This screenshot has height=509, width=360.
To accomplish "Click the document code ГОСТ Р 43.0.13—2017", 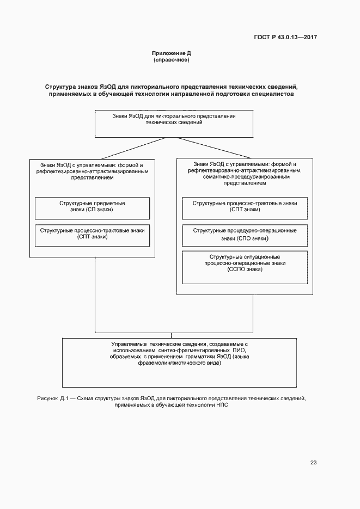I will [x=285, y=38].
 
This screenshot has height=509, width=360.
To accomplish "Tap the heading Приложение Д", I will [x=171, y=53].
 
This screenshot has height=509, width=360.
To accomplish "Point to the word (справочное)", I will [x=171, y=60].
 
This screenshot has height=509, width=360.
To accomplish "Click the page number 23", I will [x=313, y=463].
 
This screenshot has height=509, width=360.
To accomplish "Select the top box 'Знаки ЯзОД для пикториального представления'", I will [x=174, y=124].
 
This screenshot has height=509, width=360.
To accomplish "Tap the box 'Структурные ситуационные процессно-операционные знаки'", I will [x=245, y=267].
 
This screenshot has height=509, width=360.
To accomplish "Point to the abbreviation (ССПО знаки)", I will [x=245, y=269].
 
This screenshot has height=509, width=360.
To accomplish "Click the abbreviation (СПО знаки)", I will [x=245, y=238].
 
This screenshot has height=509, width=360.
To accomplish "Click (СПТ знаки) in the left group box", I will [x=92, y=237].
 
